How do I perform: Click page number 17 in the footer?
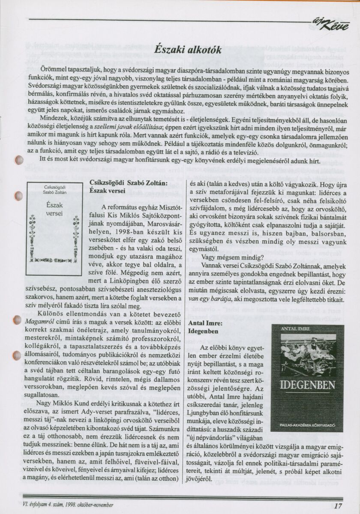[x=338, y=505]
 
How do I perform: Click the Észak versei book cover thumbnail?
[x=54, y=228]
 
